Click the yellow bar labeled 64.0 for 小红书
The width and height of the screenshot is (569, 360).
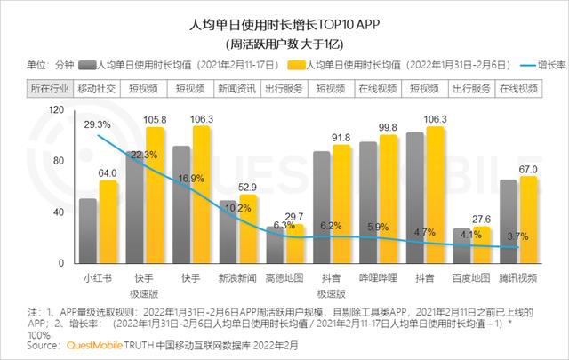tap(108, 222)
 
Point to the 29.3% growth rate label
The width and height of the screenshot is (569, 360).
tap(98, 124)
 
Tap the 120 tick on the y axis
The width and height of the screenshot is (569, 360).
tap(57, 109)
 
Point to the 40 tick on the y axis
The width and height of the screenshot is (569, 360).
tap(59, 212)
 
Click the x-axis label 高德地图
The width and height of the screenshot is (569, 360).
tap(284, 277)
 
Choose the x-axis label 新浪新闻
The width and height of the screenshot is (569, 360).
tap(238, 277)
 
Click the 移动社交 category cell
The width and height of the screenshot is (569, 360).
tap(96, 89)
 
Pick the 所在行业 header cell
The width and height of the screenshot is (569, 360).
tap(50, 89)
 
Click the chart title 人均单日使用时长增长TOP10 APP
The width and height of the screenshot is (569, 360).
tap(284, 24)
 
